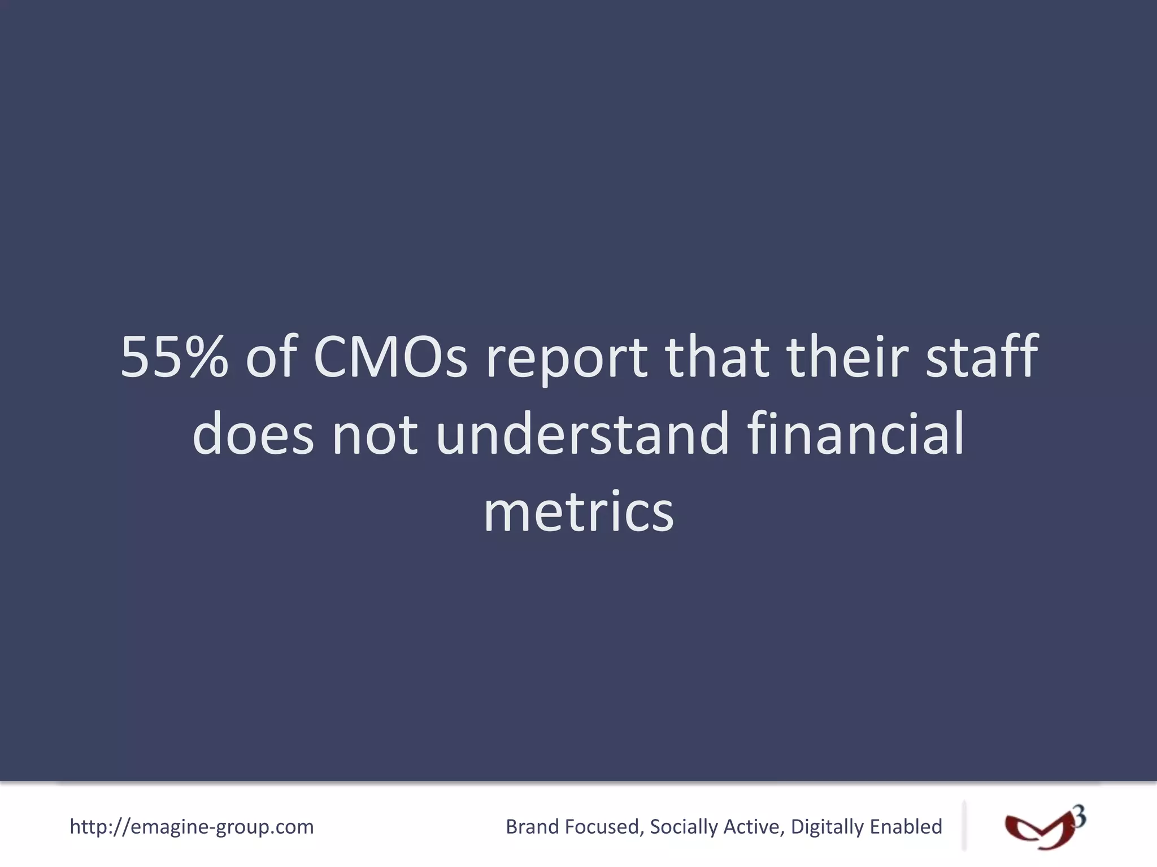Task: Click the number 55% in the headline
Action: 174,357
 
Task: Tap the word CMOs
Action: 390,357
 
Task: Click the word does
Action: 253,433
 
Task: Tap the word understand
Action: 583,433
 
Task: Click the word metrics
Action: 578,511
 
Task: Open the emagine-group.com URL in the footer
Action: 192,826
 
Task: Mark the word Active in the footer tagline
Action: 753,826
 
